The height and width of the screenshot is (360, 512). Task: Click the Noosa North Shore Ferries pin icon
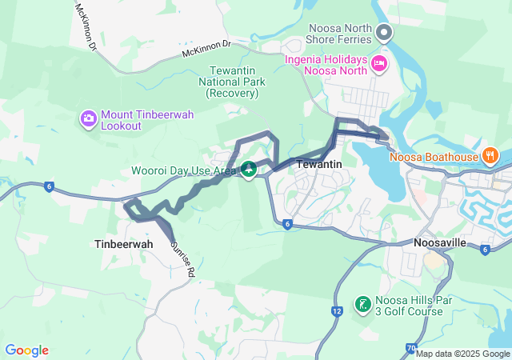point(383,33)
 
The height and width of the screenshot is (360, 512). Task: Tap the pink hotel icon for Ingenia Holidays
point(379,62)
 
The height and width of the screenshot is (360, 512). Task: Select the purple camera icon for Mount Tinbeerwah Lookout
point(88,119)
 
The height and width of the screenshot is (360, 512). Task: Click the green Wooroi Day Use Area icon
point(249,169)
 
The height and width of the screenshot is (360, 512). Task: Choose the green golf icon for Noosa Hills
point(362,304)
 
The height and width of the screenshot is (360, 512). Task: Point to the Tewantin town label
point(319,164)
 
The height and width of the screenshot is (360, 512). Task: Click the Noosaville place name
point(446,242)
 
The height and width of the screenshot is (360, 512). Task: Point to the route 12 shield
point(337,310)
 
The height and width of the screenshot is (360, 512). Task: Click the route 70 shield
point(410,348)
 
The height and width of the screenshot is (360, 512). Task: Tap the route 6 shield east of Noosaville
point(485,250)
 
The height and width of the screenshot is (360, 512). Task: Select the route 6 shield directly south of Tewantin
point(286,224)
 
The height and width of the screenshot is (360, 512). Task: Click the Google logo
point(26,350)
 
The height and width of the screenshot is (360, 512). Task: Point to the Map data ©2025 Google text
point(462,354)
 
